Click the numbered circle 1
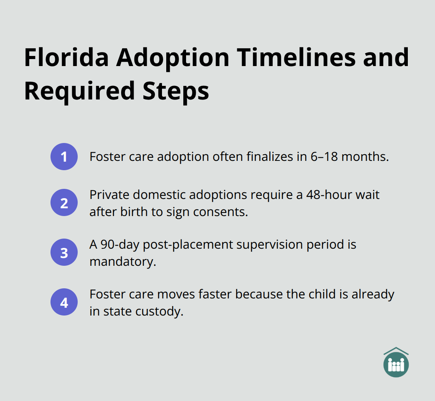pos(64,157)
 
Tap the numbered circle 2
pos(64,202)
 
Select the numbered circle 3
pos(64,252)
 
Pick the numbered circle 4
pos(64,302)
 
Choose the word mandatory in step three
pos(122,262)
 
